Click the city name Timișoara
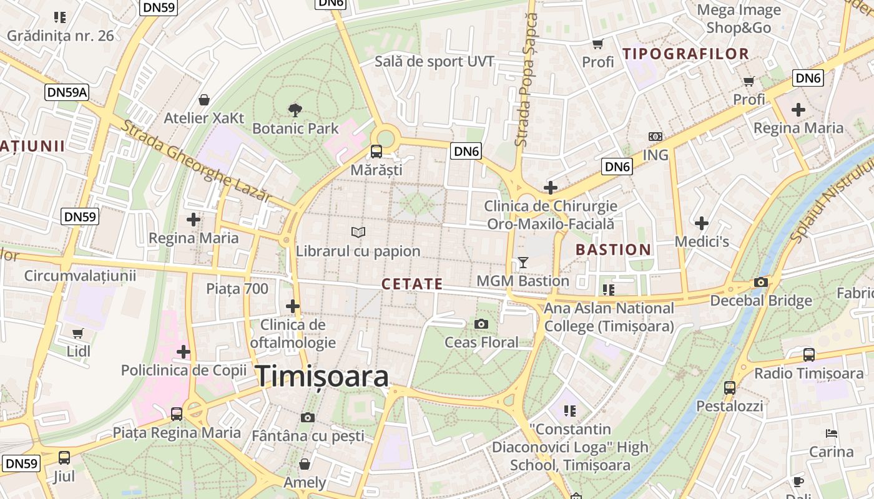point(322,376)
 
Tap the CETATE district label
point(412,284)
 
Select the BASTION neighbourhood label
point(613,249)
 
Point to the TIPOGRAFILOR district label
point(686,54)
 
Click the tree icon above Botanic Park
point(295,110)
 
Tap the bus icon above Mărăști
point(376,151)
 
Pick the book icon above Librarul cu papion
point(358,233)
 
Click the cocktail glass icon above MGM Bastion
point(523,263)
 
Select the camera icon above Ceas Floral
point(481,324)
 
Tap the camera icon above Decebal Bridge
point(760,282)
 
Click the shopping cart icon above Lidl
point(78,333)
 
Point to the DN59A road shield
point(67,93)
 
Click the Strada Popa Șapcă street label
point(526,80)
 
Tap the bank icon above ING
point(655,137)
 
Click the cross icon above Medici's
point(702,223)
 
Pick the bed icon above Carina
point(831,433)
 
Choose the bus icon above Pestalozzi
point(729,388)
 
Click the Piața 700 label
point(237,288)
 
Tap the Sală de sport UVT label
point(435,61)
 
